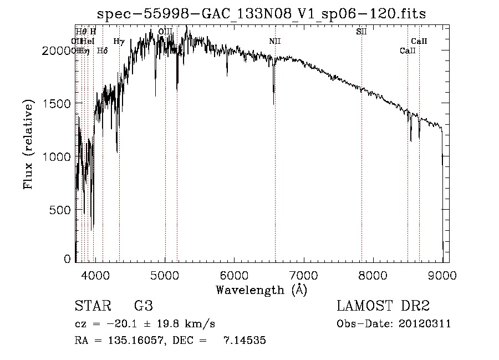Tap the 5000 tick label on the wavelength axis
[x=165, y=275]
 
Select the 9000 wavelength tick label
[x=442, y=275]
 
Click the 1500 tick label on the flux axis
[x=58, y=104]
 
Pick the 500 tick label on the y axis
[x=61, y=210]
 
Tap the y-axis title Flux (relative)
[x=28, y=145]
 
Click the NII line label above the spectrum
[x=275, y=42]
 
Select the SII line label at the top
[x=361, y=32]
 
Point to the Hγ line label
[x=119, y=42]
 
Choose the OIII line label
[x=165, y=32]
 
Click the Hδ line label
[x=102, y=51]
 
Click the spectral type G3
[x=143, y=307]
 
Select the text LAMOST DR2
[x=383, y=307]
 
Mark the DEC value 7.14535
[x=245, y=341]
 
